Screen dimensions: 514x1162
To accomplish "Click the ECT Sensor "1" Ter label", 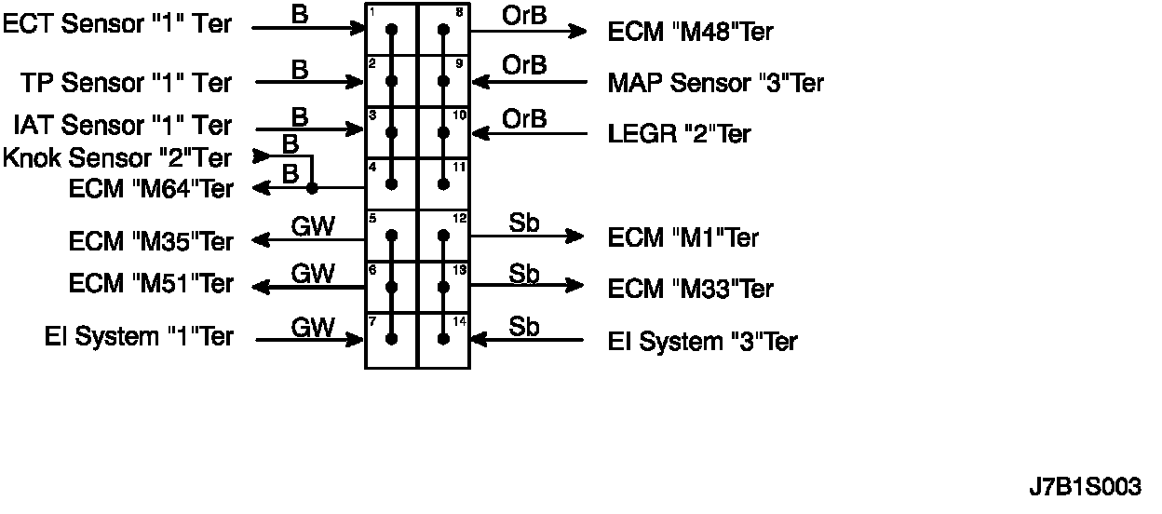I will (x=118, y=25).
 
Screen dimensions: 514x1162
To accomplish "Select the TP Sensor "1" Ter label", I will (x=127, y=82).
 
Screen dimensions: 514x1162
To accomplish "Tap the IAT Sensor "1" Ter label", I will (x=123, y=125).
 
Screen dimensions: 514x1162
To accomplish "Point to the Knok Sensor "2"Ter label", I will (x=117, y=156).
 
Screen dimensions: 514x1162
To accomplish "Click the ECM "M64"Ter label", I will (x=151, y=188).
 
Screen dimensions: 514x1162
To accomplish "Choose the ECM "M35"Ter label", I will (x=151, y=241).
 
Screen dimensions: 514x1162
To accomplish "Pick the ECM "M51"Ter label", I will (x=151, y=283).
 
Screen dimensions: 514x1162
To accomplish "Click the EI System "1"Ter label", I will (x=139, y=337).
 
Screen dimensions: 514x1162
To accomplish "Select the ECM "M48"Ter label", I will (x=691, y=32).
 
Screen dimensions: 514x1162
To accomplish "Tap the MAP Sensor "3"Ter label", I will (x=716, y=83).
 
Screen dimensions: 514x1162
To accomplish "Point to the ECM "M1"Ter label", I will (x=683, y=237).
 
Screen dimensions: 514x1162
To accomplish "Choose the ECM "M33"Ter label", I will (x=691, y=289).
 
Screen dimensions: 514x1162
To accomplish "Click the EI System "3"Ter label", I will (x=703, y=342).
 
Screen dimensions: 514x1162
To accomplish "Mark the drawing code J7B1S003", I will (x=1085, y=487).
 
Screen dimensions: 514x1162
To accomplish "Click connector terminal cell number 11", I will (x=443, y=184).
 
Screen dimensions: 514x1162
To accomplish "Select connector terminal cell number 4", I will (x=391, y=184).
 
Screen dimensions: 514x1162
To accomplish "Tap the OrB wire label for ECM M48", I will (x=524, y=15).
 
